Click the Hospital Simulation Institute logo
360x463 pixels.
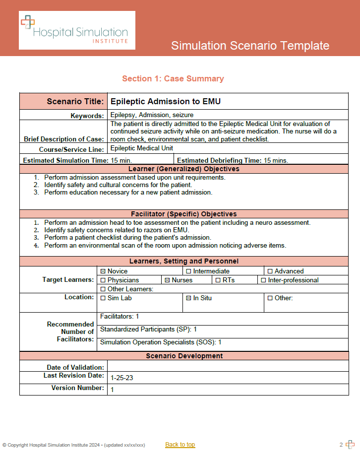(77, 30)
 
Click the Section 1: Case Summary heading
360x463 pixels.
(173, 78)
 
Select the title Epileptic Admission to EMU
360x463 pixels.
(165, 102)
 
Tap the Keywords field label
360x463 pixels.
(87, 116)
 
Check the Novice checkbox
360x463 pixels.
(103, 271)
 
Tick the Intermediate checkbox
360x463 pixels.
(188, 271)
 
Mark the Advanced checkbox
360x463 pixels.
(270, 271)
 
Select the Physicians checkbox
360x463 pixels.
(103, 280)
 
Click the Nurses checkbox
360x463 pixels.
(167, 280)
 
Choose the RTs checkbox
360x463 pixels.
(218, 280)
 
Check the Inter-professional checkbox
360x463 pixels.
(263, 280)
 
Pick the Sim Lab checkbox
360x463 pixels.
(103, 298)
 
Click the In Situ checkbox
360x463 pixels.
(188, 298)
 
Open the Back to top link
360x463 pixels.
(180, 445)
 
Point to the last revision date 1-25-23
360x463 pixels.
(122, 378)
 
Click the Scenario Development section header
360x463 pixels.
(184, 356)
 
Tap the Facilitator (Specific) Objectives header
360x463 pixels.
(184, 214)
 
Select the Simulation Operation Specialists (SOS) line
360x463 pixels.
(161, 342)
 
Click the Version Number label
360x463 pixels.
(78, 388)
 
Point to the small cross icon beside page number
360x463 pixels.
(350, 445)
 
